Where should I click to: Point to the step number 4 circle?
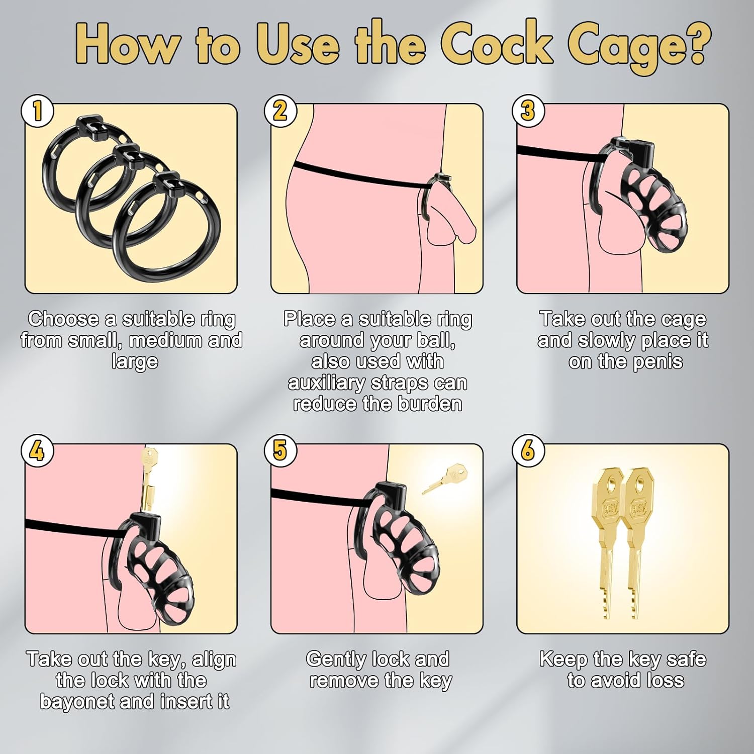pyautogui.click(x=37, y=450)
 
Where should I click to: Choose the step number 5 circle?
pyautogui.click(x=280, y=450)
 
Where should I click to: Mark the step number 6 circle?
pyautogui.click(x=527, y=450)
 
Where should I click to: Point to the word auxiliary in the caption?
pyautogui.click(x=327, y=384)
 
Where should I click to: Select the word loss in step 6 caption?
pyautogui.click(x=662, y=681)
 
